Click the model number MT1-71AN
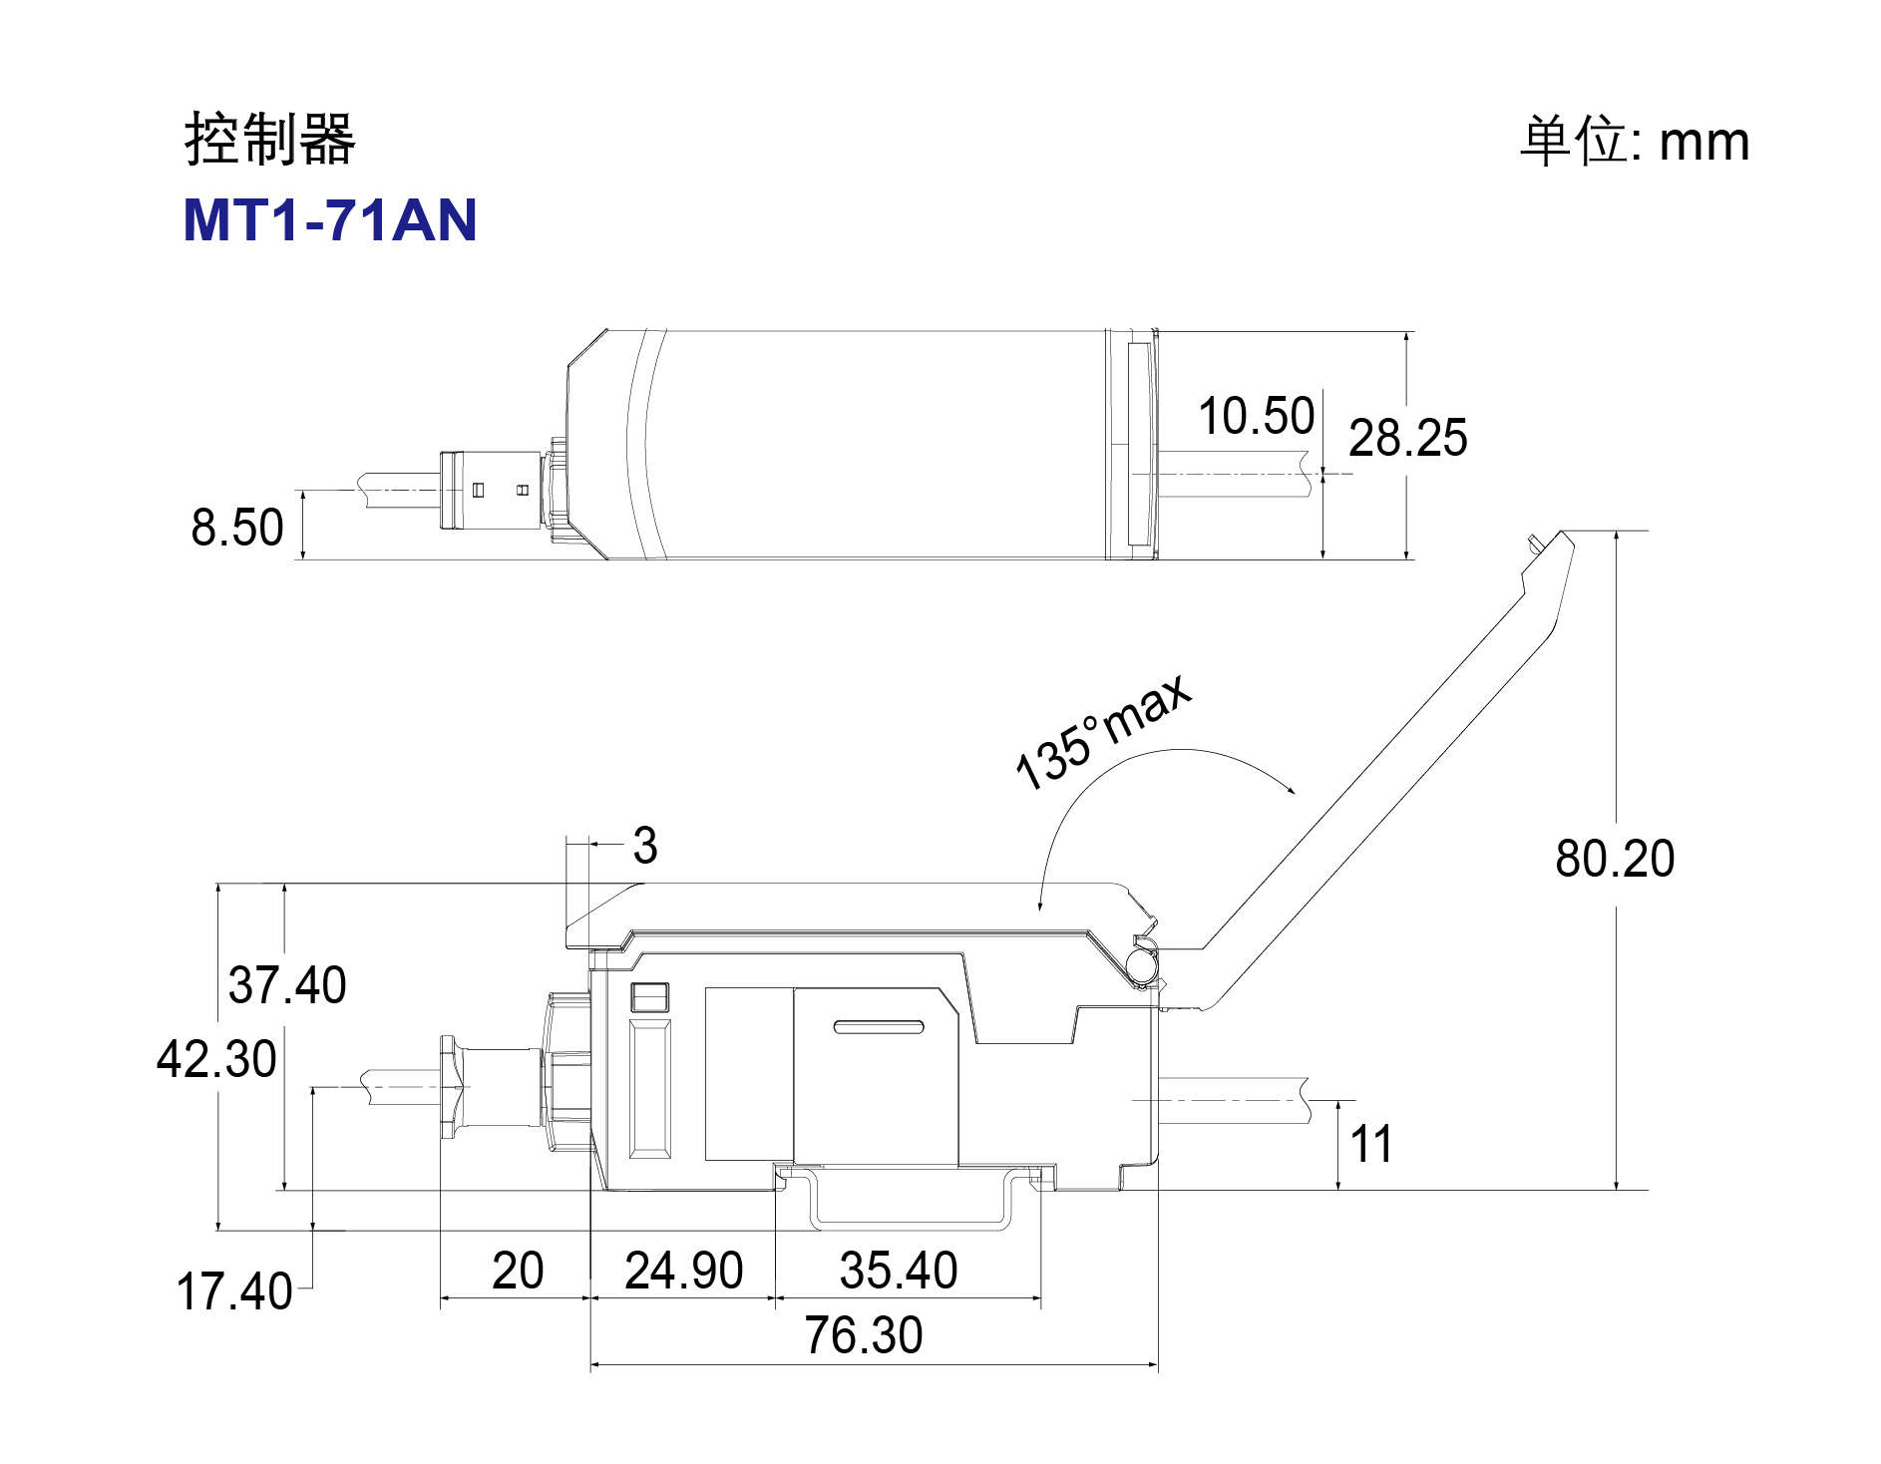pyautogui.click(x=330, y=220)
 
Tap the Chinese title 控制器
pyautogui.click(x=269, y=139)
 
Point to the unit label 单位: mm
pyautogui.click(x=1634, y=141)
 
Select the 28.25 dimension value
pyautogui.click(x=1407, y=438)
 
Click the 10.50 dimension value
pyautogui.click(x=1256, y=416)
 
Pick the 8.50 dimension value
pyautogui.click(x=237, y=528)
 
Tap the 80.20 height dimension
pyautogui.click(x=1615, y=859)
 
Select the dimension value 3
pyautogui.click(x=645, y=846)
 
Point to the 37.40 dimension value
pyautogui.click(x=287, y=985)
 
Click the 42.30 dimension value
pyautogui.click(x=216, y=1059)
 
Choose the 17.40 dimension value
pyautogui.click(x=234, y=1291)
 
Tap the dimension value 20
pyautogui.click(x=518, y=1272)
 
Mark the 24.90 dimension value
pyautogui.click(x=684, y=1272)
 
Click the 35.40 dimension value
pyautogui.click(x=899, y=1272)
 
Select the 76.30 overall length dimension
pyautogui.click(x=864, y=1336)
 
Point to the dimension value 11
pyautogui.click(x=1371, y=1145)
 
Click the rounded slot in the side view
pyautogui.click(x=879, y=1027)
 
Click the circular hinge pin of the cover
pyautogui.click(x=1140, y=962)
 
